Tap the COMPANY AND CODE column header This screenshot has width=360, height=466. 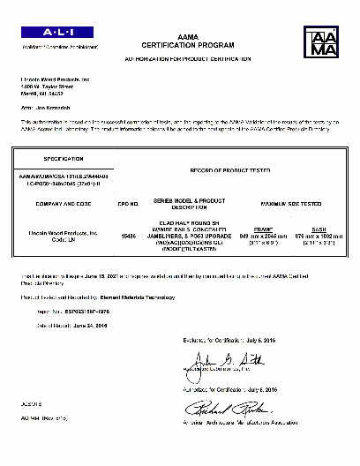pyautogui.click(x=56, y=204)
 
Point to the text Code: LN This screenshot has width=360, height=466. pyautogui.click(x=55, y=238)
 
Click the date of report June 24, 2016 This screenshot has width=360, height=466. pyautogui.click(x=90, y=326)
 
